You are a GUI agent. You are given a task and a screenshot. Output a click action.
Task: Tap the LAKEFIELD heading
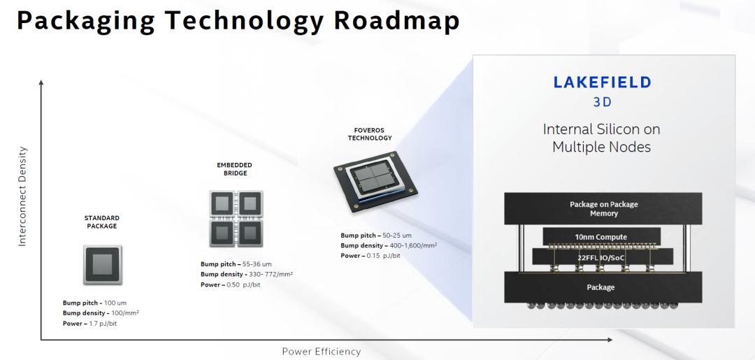pyautogui.click(x=602, y=82)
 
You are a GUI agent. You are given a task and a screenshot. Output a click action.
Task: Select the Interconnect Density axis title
pyautogui.click(x=22, y=196)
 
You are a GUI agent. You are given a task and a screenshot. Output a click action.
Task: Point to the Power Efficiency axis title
pyautogui.click(x=321, y=352)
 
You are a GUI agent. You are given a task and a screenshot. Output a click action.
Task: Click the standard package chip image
pyautogui.click(x=103, y=264)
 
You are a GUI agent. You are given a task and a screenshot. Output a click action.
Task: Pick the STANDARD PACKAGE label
pyautogui.click(x=102, y=222)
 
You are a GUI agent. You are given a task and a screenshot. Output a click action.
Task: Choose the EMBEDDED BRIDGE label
pyautogui.click(x=235, y=169)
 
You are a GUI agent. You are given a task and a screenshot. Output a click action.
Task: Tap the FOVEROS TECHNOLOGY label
pyautogui.click(x=370, y=134)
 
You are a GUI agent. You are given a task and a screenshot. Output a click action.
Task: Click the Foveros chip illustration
pyautogui.click(x=375, y=181)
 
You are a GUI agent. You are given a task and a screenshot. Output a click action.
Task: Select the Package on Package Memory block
pyautogui.click(x=603, y=208)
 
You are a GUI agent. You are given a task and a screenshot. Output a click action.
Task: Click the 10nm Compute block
pyautogui.click(x=601, y=237)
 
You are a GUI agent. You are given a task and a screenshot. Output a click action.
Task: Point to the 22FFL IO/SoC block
pyautogui.click(x=603, y=257)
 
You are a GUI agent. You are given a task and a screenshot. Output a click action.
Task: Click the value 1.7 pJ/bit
pyautogui.click(x=103, y=324)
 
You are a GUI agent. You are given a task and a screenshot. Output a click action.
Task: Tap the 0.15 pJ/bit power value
pyautogui.click(x=383, y=256)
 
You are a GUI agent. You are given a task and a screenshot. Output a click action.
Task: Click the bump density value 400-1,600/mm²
pyautogui.click(x=410, y=245)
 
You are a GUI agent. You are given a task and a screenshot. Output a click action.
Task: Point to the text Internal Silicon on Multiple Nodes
pyautogui.click(x=601, y=138)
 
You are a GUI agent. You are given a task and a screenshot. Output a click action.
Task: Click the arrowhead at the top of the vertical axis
pyautogui.click(x=41, y=82)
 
